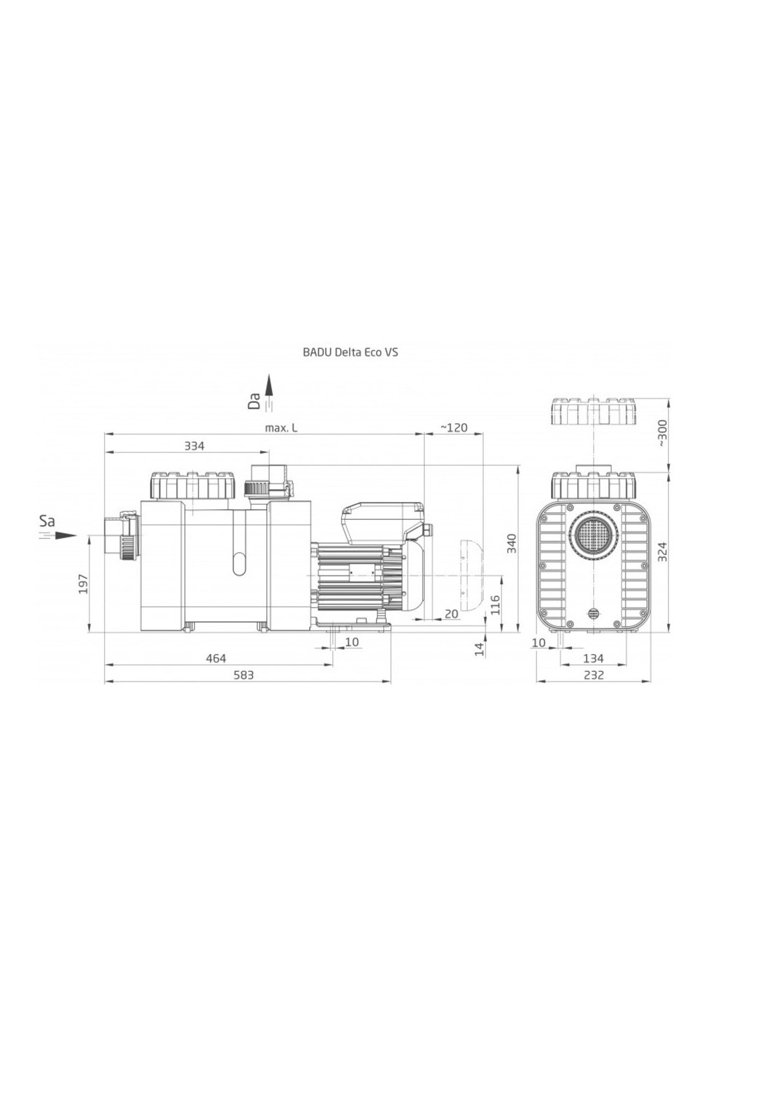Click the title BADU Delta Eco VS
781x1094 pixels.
[350, 352]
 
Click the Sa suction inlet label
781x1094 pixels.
[47, 521]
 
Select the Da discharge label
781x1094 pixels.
[254, 400]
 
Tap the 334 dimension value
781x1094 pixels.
[194, 446]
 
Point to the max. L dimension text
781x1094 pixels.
[281, 428]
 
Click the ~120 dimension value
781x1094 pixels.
[453, 428]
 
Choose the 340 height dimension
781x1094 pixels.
[512, 543]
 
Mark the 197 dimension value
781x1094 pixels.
[84, 584]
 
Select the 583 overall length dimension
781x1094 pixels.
[243, 675]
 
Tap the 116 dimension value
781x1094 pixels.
[495, 605]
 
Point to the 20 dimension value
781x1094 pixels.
[451, 614]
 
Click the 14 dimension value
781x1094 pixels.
[479, 649]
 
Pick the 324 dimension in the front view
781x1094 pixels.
[662, 552]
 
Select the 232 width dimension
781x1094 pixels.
[594, 675]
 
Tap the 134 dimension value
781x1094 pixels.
[593, 658]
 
